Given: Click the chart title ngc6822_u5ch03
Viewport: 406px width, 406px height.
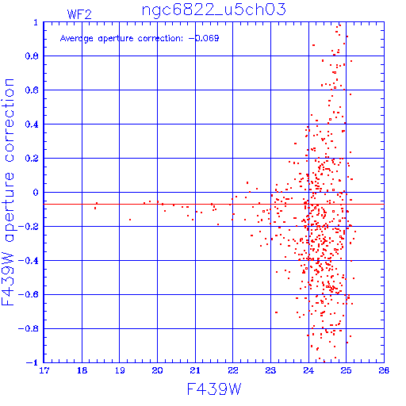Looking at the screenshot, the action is point(214,10).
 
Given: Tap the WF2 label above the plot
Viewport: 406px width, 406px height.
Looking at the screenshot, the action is point(79,14).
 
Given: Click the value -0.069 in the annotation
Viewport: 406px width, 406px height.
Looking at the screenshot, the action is point(204,38).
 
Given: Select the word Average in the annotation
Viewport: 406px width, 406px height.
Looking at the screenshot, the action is point(77,39).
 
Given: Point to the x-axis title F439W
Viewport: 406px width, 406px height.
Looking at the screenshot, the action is point(214,389).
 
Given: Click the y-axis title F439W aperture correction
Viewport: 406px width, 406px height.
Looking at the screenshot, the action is point(8,192).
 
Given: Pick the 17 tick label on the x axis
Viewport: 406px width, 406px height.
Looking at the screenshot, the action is point(44,370).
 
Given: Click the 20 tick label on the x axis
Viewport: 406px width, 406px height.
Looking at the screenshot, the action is point(157,370).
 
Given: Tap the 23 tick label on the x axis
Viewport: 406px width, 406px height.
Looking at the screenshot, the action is point(270,370).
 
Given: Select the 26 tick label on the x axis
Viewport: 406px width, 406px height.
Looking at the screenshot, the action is point(384,370).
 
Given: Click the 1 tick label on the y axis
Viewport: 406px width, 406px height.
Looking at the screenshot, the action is point(36,22).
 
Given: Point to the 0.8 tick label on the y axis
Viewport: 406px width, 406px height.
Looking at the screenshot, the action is point(32,56).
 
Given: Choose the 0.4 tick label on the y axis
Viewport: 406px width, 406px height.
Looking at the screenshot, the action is point(32,124).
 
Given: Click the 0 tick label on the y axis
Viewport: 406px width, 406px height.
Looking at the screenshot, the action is point(36,193).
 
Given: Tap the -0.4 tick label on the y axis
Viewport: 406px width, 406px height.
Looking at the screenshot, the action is point(29,261).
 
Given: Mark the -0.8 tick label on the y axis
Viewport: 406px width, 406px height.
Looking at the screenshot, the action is point(29,329).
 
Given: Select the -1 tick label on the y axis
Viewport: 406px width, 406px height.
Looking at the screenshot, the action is point(33,362).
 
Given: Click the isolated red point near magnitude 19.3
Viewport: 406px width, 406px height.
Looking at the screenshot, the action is point(130,220).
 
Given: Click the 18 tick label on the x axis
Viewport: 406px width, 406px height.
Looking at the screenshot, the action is point(82,370).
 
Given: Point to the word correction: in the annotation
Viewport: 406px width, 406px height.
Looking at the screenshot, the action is point(160,39).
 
